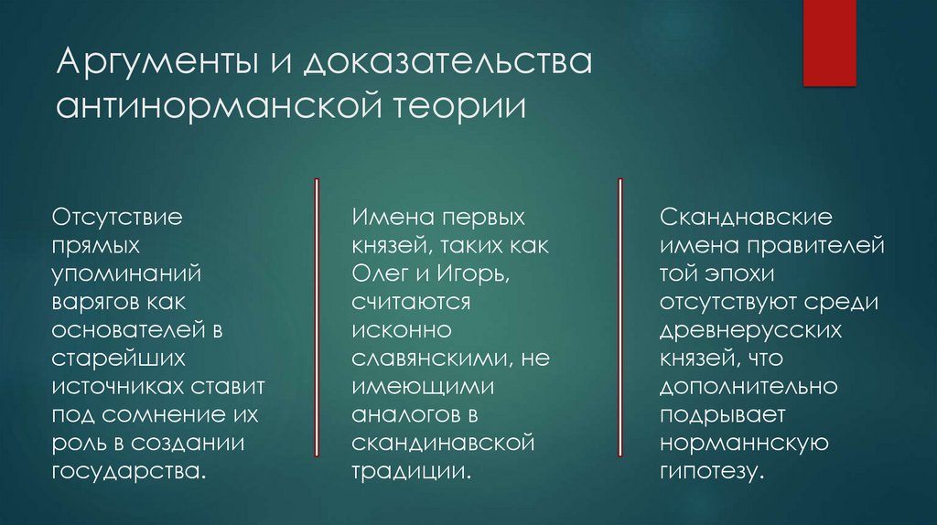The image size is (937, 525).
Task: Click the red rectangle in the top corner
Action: pos(829,43)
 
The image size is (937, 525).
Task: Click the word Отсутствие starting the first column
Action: pos(117,220)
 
